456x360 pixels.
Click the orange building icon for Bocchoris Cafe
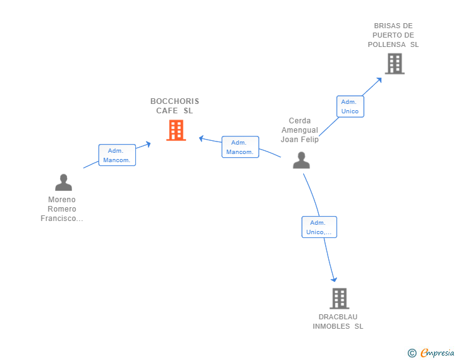coord(176,130)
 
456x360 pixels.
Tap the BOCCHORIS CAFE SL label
coord(175,106)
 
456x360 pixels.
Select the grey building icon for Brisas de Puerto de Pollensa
coord(395,64)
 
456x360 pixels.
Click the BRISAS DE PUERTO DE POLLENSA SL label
coord(393,35)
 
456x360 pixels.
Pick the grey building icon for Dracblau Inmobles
coord(339,299)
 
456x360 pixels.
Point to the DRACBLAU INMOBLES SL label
coord(338,321)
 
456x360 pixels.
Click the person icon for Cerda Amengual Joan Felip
coord(301,160)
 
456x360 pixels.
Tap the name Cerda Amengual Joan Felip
coord(299,130)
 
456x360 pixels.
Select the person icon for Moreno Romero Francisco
coord(63,182)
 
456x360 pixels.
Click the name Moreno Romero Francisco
coord(61,208)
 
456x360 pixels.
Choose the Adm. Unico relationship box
coord(350,106)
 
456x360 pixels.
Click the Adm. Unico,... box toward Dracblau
coord(319,227)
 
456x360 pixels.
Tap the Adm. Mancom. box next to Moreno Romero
coord(117,155)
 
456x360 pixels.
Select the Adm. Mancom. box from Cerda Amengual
coord(241,147)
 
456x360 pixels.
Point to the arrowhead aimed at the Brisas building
coord(379,80)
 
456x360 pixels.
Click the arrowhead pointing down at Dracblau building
coord(334,279)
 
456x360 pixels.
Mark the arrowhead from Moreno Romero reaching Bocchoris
coord(148,144)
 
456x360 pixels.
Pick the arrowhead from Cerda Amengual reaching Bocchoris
coord(201,138)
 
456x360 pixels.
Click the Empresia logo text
coord(437,352)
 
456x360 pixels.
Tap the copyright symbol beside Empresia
coord(412,353)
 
